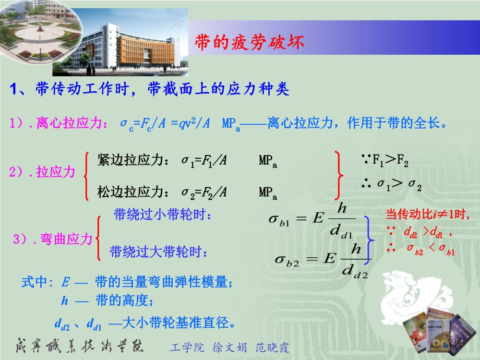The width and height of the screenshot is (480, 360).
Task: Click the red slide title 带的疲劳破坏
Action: tap(250, 42)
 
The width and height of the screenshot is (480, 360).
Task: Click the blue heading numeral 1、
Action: tap(18, 89)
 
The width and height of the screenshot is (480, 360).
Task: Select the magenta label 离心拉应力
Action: tap(69, 123)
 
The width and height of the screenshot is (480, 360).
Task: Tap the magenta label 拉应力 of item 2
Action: tap(56, 172)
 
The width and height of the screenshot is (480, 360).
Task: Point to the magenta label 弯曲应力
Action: tap(66, 239)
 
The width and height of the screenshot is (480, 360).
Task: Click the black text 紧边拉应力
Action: tap(130, 160)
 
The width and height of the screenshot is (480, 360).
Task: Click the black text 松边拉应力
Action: tap(130, 192)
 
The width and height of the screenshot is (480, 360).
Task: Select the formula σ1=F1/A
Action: tap(204, 161)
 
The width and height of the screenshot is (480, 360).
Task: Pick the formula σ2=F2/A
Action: tap(204, 193)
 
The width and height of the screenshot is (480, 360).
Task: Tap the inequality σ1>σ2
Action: tap(399, 184)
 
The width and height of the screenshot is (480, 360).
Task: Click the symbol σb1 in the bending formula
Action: tap(279, 220)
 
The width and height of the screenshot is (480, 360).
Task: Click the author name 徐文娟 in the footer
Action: tap(229, 348)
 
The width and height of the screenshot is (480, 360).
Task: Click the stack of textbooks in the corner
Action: tap(433, 331)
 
